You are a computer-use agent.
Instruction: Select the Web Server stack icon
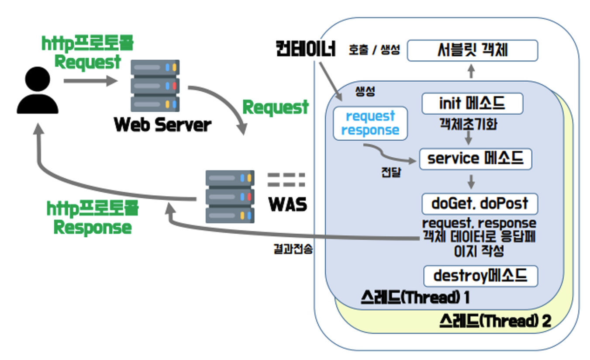155,85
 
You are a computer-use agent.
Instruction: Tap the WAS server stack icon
230,197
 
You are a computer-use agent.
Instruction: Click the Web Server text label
162,125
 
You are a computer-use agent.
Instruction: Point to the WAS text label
287,204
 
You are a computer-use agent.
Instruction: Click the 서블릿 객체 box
472,51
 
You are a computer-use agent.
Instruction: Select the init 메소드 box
472,104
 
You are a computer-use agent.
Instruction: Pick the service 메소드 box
475,159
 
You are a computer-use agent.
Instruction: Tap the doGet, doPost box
480,204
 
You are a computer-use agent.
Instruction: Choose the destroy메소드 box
480,276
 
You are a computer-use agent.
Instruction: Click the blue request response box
370,123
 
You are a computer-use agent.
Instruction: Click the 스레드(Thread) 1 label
415,298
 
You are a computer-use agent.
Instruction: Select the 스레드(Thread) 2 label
495,322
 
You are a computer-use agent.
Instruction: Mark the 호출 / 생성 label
374,50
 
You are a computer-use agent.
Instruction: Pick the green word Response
92,228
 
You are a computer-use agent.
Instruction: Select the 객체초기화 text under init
469,125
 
